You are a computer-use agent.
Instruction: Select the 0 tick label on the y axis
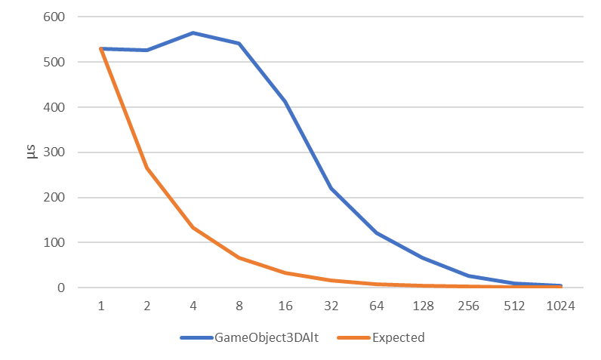pyautogui.click(x=60, y=288)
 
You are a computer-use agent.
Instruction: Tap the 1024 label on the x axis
pyautogui.click(x=561, y=307)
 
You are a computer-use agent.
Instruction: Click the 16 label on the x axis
pyautogui.click(x=285, y=307)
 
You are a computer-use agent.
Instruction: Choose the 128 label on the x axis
pyautogui.click(x=424, y=307)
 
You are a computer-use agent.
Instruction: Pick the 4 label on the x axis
pyautogui.click(x=193, y=307)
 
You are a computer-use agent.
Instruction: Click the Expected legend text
pyautogui.click(x=398, y=337)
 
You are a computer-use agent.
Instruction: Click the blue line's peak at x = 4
pyautogui.click(x=193, y=33)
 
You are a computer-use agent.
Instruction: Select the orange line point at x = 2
pyautogui.click(x=147, y=168)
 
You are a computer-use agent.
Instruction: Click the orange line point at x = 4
pyautogui.click(x=193, y=228)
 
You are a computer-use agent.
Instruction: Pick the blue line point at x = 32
pyautogui.click(x=331, y=188)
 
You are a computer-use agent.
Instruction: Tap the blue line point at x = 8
pyautogui.click(x=239, y=44)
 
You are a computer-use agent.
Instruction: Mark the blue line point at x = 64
pyautogui.click(x=378, y=233)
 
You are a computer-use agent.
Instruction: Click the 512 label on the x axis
pyautogui.click(x=515, y=307)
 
